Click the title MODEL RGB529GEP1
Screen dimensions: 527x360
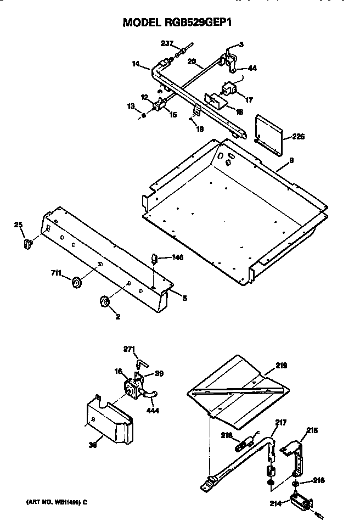click(x=181, y=23)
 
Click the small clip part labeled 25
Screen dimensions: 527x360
click(x=25, y=242)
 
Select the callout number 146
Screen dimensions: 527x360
click(x=177, y=257)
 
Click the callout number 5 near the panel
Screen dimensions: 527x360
click(x=184, y=298)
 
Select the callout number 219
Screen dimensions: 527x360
click(x=282, y=365)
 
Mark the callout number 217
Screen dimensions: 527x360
click(x=282, y=423)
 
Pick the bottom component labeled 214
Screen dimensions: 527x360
click(x=301, y=501)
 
